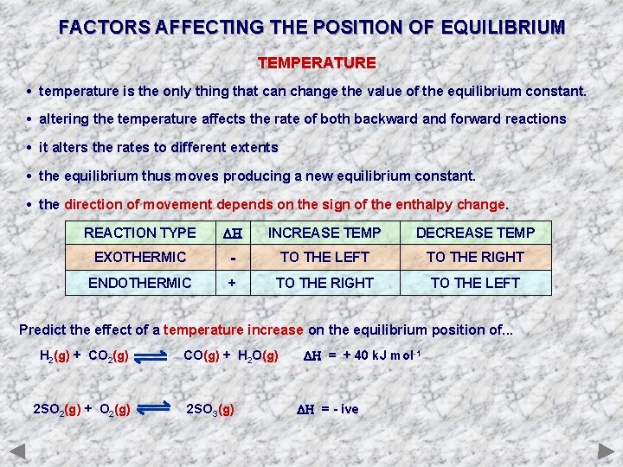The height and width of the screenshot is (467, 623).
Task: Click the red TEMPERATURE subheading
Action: click(x=317, y=63)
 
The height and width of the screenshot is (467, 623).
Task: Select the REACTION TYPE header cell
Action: click(x=139, y=233)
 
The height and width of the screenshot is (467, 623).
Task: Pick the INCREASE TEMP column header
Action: click(x=324, y=233)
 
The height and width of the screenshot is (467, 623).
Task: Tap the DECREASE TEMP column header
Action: click(x=475, y=233)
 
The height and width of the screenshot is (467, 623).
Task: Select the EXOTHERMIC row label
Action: click(x=139, y=257)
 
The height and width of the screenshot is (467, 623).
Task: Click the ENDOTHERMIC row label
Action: click(x=139, y=283)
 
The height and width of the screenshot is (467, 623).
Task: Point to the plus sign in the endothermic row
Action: click(x=232, y=283)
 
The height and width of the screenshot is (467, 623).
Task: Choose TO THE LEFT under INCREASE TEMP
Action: click(x=324, y=257)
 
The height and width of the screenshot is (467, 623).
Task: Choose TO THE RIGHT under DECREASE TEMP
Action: click(x=475, y=257)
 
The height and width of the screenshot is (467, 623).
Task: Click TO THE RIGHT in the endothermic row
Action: click(x=324, y=283)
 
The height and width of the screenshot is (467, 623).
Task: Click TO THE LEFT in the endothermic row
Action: click(x=475, y=283)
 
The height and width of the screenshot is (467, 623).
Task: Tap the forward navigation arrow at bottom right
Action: click(x=605, y=451)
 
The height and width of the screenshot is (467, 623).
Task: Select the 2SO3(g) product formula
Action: click(x=210, y=409)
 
